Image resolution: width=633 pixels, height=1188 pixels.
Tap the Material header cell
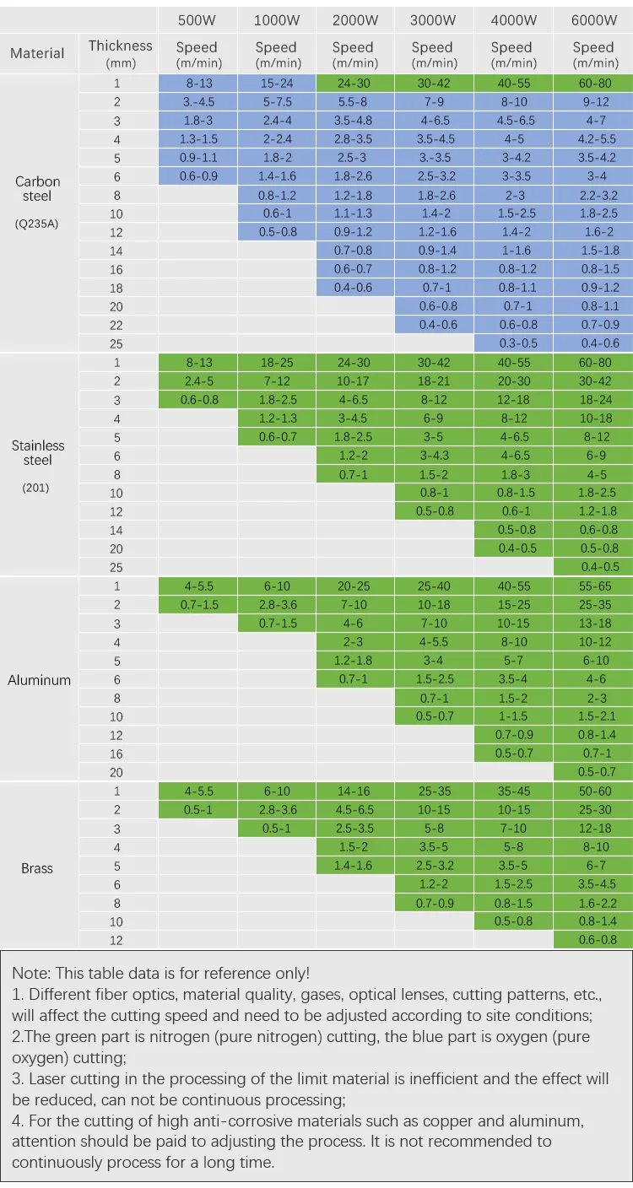(37, 54)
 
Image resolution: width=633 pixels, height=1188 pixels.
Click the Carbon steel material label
(38, 189)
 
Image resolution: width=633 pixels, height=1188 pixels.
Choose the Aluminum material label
(39, 680)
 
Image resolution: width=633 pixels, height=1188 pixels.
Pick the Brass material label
(37, 868)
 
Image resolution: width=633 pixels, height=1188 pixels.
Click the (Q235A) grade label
(37, 224)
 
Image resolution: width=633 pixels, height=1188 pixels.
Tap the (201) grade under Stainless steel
(35, 488)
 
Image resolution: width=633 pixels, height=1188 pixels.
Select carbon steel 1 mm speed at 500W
(197, 84)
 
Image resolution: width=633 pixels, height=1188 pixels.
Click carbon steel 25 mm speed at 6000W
(592, 343)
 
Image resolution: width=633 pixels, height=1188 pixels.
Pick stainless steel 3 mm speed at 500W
(197, 400)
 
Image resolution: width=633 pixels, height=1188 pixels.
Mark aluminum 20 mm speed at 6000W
(592, 772)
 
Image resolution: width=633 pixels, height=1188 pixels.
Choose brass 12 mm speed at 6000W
(592, 940)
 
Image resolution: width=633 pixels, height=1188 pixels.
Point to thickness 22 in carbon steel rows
(116, 325)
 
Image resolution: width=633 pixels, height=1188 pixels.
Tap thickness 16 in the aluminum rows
(116, 753)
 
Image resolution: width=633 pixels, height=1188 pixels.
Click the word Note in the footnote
(29, 973)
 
